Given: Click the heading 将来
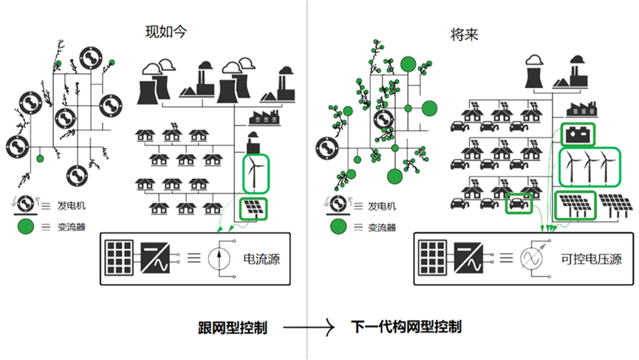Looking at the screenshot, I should (464, 33).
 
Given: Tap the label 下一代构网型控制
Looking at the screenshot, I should (406, 327).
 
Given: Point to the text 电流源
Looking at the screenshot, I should (262, 259).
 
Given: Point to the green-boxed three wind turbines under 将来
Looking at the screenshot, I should (588, 167).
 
